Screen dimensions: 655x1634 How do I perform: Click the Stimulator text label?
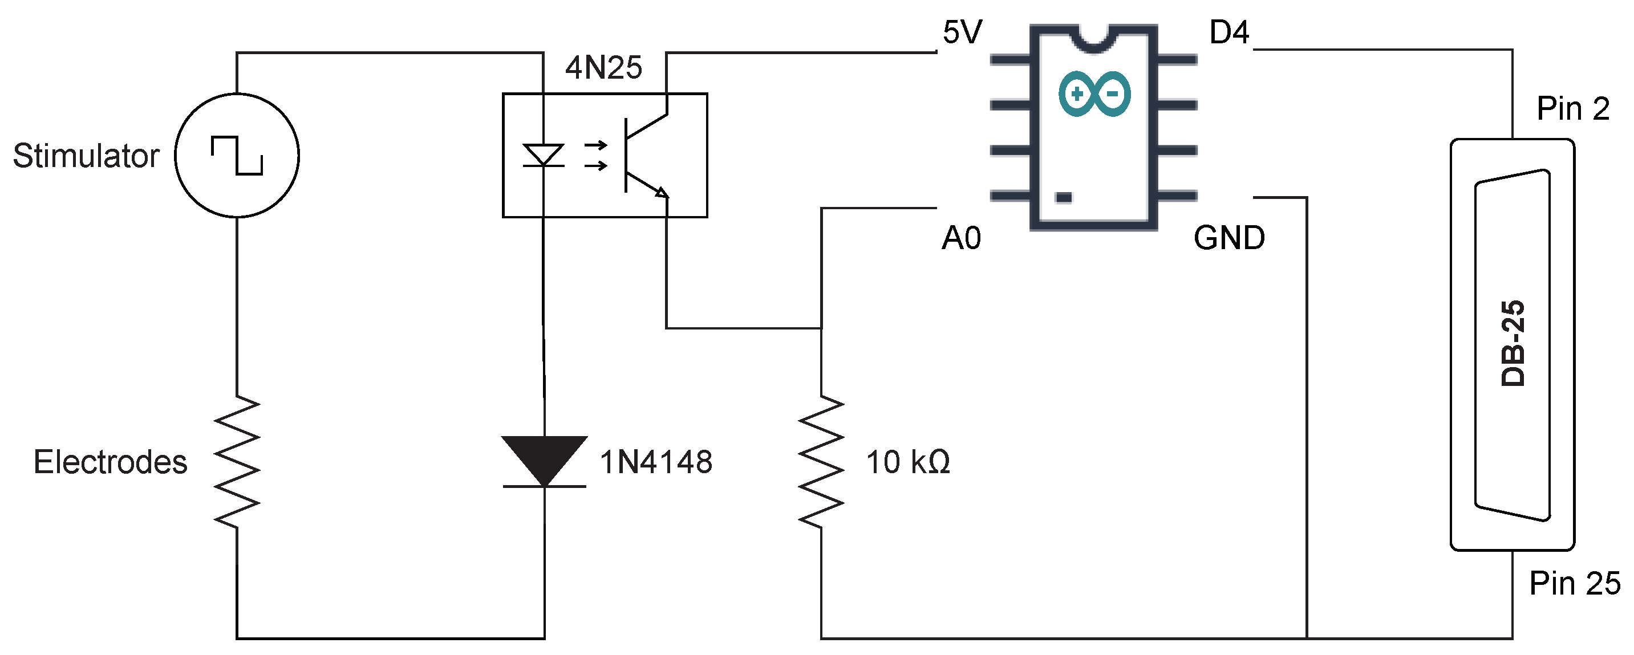click(86, 156)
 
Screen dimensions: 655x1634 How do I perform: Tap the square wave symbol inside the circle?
click(237, 156)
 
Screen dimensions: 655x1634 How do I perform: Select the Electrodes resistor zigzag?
click(237, 462)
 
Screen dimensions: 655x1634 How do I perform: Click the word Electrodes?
click(111, 462)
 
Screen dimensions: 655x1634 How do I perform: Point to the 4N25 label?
click(603, 67)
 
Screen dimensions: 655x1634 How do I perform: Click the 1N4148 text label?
click(655, 462)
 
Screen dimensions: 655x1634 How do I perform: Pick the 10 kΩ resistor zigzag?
click(821, 462)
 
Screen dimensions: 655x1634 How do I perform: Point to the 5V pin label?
click(962, 32)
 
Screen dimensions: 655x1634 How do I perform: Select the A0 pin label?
click(961, 238)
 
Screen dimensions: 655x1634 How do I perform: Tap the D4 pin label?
click(1228, 32)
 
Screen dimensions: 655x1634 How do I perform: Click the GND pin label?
click(1228, 238)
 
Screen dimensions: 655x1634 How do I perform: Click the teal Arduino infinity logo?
click(1094, 94)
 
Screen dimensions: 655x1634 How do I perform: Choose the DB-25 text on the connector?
click(1513, 343)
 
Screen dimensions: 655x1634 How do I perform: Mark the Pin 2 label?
click(1572, 108)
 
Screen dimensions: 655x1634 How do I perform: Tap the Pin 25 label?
click(1574, 583)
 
